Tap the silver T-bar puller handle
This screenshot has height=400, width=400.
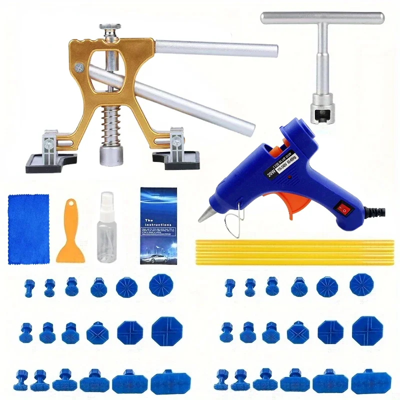(x=322, y=19)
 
